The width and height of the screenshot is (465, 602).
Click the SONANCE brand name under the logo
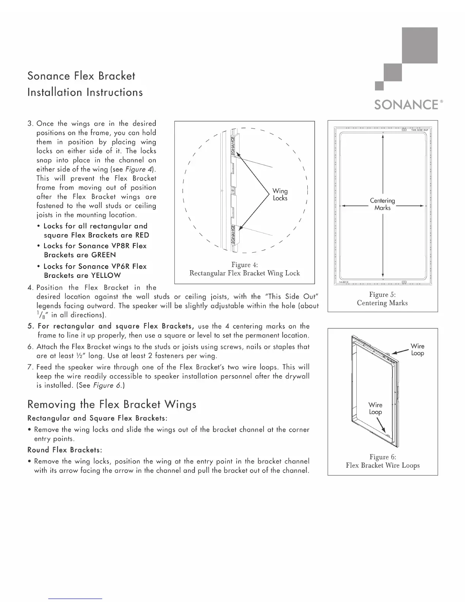point(406,105)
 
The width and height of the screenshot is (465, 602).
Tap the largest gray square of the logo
point(419,45)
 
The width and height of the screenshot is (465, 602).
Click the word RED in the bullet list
point(142,235)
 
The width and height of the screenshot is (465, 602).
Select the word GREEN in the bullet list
point(104,255)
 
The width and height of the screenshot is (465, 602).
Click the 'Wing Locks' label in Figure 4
point(280,195)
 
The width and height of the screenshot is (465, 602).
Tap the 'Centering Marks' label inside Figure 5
point(383,204)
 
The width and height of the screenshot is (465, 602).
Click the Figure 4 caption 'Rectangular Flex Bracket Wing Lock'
point(245,273)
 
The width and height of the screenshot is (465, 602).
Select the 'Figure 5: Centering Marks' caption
point(383,299)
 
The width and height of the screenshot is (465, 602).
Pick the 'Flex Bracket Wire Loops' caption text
point(383,466)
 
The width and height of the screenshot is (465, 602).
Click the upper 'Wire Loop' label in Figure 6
point(418,350)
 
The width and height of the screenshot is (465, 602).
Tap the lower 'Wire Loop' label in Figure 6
point(375,409)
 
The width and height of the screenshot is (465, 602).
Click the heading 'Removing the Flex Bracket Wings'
point(112,404)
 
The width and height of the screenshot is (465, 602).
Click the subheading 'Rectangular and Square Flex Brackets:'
point(98,418)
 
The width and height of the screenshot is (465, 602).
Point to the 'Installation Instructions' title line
point(85,92)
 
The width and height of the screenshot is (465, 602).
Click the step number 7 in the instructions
point(30,367)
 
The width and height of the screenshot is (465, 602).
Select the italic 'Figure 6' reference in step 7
point(103,385)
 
